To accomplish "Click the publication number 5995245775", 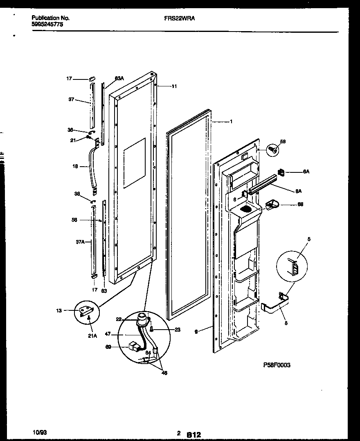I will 47,24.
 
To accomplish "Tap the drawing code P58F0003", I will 277,365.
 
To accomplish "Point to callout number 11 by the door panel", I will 174,86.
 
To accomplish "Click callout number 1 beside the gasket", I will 231,122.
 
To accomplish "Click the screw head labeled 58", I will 272,149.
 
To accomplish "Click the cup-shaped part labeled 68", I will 271,204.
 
